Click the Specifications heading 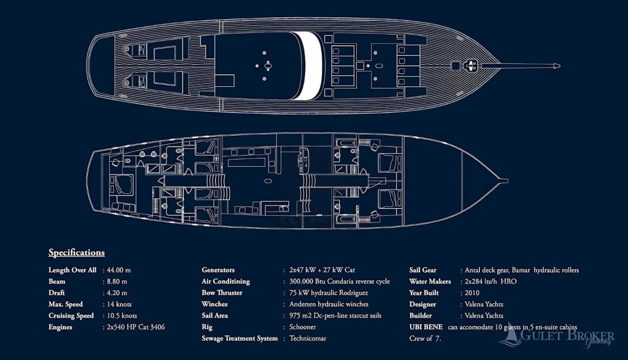point(76,253)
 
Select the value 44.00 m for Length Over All point(119,270)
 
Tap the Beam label point(57,282)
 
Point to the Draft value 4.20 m point(117,293)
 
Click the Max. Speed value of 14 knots point(119,304)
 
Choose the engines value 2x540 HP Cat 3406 point(136,327)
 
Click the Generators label point(218,270)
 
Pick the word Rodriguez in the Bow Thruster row point(353,293)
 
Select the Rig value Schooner point(302,327)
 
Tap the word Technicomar point(308,339)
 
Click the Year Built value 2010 point(472,293)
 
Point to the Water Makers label point(430,282)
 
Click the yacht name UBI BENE point(426,327)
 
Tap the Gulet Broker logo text point(567,336)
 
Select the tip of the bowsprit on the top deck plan point(560,66)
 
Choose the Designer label point(422,305)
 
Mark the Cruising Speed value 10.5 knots point(122,316)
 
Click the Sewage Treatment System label point(240,339)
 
